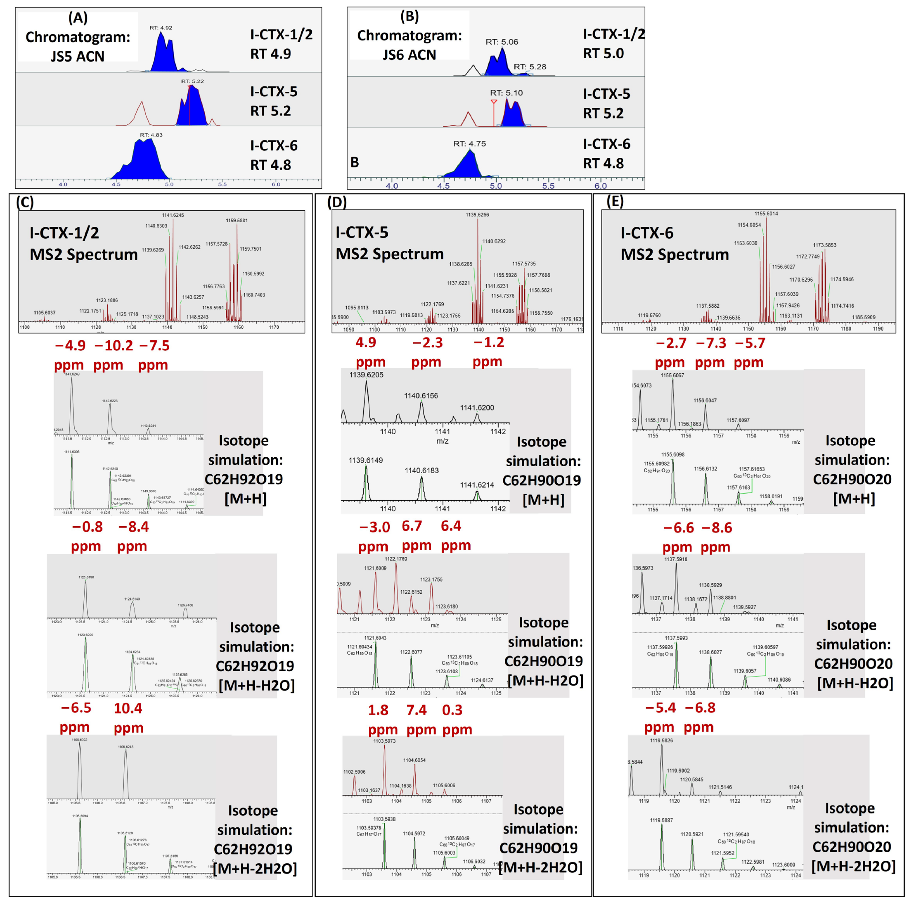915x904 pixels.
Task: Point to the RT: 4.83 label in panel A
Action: pos(151,135)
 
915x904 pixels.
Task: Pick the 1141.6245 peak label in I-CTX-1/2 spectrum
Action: pos(173,215)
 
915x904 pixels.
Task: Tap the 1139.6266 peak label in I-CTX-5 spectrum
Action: pos(477,215)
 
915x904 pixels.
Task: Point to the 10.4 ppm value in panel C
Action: pos(128,708)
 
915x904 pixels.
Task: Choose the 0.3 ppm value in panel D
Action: pos(452,710)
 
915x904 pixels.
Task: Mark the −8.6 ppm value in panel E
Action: pos(717,527)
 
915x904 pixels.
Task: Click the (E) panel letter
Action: pos(615,202)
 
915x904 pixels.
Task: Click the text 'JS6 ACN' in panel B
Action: pos(409,55)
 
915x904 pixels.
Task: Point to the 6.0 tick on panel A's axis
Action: pos(276,184)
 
